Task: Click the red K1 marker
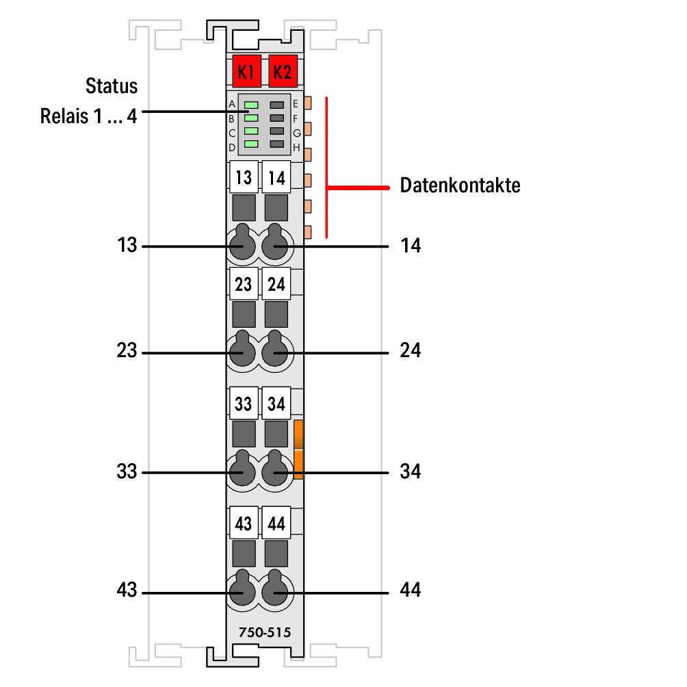coord(245,71)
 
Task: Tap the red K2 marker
coord(281,71)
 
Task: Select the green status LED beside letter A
coord(251,105)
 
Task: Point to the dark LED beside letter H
coord(276,144)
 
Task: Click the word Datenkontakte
coord(460,185)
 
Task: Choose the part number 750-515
coord(264,634)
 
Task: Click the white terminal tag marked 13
coord(243,178)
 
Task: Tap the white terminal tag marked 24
coord(276,284)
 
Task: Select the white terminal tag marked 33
coord(243,404)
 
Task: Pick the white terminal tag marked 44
coord(276,524)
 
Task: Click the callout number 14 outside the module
coord(411,246)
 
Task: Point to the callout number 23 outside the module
coord(127,352)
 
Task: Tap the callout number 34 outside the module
coord(411,471)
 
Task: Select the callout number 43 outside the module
coord(127,591)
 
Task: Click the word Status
coord(112,87)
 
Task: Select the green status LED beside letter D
coord(251,144)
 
